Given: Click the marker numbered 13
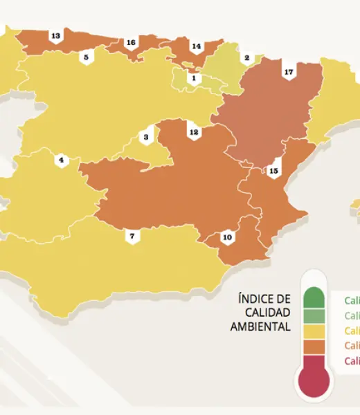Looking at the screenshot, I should click(x=55, y=36).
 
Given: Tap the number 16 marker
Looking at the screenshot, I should click(x=130, y=43).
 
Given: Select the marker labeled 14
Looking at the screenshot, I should click(x=196, y=47).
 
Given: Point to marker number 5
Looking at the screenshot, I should click(x=86, y=57).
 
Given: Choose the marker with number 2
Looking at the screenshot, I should click(x=246, y=58).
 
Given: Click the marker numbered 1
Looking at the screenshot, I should click(x=193, y=79).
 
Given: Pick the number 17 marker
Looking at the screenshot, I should click(x=289, y=72).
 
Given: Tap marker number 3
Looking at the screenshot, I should click(x=146, y=138).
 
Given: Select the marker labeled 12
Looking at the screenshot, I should click(x=194, y=131).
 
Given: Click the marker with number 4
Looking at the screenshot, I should click(x=61, y=160).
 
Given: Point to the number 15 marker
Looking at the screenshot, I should click(x=273, y=170).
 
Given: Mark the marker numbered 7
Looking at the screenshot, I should click(x=132, y=237).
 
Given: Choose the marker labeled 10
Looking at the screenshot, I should click(x=227, y=238).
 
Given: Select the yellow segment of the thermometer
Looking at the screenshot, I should click(x=314, y=331).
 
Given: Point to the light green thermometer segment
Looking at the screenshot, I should click(x=314, y=315).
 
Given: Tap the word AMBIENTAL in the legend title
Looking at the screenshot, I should click(x=260, y=326).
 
